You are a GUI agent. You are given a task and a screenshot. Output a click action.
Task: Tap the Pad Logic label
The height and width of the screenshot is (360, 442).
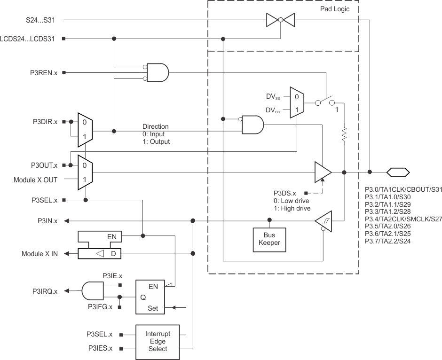click(x=334, y=9)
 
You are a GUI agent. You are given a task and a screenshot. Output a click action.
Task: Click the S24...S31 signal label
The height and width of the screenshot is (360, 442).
click(x=41, y=20)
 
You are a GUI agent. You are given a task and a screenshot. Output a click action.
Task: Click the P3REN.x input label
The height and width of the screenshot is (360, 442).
click(x=43, y=73)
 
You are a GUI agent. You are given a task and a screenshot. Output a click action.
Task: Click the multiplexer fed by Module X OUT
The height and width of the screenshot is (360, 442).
click(x=85, y=172)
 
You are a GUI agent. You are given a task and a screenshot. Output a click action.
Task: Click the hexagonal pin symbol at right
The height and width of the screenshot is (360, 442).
click(x=398, y=172)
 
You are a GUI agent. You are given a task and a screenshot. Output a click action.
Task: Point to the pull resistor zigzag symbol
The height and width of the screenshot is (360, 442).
click(x=344, y=134)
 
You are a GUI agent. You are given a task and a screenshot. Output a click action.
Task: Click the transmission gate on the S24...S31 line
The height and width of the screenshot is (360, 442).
click(x=280, y=20)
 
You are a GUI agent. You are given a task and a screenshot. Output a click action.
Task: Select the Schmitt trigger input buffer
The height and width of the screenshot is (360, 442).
click(x=323, y=221)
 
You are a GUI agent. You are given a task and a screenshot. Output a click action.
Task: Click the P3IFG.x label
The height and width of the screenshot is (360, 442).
click(x=99, y=307)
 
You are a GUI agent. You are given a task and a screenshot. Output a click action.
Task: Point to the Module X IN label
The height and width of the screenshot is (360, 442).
click(x=39, y=254)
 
